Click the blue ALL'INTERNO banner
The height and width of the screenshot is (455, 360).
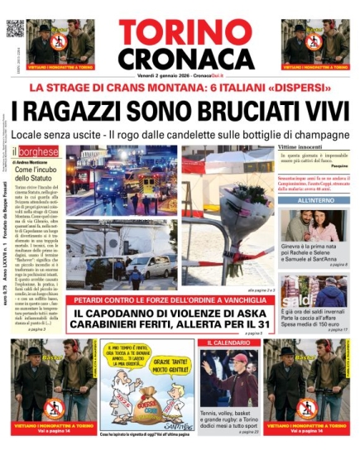[x=315, y=201]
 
